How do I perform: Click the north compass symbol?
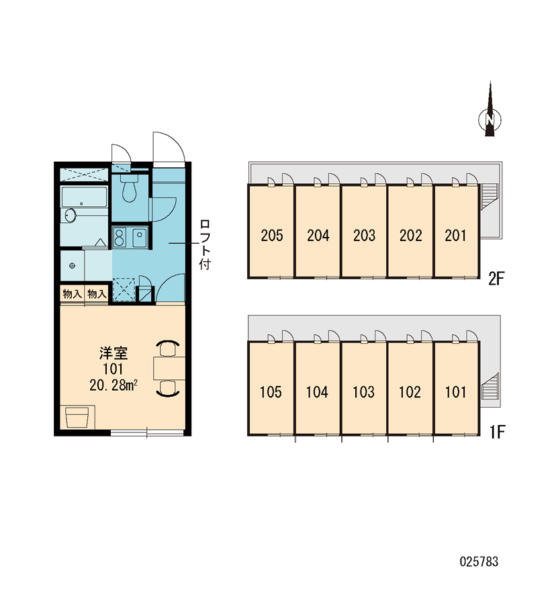click(490, 115)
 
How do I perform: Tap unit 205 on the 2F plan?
click(271, 232)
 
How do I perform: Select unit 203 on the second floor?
click(364, 232)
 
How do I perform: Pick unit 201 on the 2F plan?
click(456, 232)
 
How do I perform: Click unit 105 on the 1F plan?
click(271, 389)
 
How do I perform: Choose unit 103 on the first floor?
click(364, 389)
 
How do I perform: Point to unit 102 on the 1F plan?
click(410, 389)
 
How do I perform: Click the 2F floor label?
click(496, 279)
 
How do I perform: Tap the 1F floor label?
click(498, 432)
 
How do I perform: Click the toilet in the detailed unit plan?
click(129, 187)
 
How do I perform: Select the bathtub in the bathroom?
click(84, 197)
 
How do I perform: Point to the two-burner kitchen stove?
click(119, 237)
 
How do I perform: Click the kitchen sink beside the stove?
click(139, 238)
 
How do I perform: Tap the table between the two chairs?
click(169, 369)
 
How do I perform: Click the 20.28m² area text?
click(113, 385)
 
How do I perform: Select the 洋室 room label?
click(113, 353)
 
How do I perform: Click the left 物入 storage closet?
click(72, 294)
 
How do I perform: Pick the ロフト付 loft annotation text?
click(204, 244)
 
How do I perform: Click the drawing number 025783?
click(479, 561)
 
